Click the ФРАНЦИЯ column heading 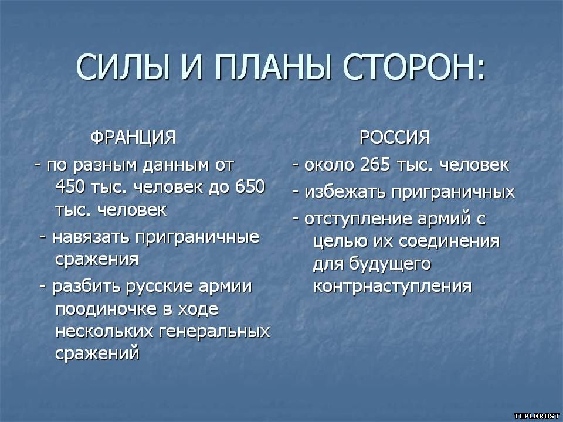pos(133,137)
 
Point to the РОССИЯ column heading pos(395,137)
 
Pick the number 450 pos(70,187)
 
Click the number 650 pos(250,187)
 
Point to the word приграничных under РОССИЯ pos(453,193)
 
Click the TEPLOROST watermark pos(537,416)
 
